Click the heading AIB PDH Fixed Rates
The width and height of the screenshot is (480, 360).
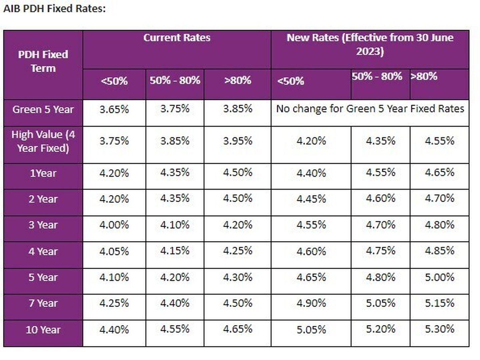[54, 9]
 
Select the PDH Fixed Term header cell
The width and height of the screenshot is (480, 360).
[43, 61]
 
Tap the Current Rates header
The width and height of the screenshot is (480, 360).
[177, 38]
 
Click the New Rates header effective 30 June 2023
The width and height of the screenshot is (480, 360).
[370, 44]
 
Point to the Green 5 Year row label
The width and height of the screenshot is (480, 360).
[43, 110]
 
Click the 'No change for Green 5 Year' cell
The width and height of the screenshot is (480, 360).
[370, 109]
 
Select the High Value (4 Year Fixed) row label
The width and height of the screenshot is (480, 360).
[43, 141]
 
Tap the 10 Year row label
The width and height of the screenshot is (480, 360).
[43, 330]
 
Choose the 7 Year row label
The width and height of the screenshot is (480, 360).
[43, 303]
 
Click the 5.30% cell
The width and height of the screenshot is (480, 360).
[439, 329]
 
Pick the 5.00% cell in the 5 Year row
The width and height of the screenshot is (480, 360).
[439, 277]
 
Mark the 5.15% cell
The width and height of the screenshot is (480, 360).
[439, 303]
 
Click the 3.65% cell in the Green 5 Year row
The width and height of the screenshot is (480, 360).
[114, 109]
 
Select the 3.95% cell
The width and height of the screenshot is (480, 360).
[238, 141]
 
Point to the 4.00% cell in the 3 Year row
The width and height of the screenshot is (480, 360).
[114, 225]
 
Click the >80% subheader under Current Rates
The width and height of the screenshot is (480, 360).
[238, 80]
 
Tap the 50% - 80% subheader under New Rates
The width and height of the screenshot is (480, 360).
[377, 77]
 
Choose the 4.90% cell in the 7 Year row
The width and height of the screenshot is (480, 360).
[311, 303]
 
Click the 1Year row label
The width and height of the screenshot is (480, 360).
[43, 173]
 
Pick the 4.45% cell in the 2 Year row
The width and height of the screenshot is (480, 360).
[311, 199]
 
